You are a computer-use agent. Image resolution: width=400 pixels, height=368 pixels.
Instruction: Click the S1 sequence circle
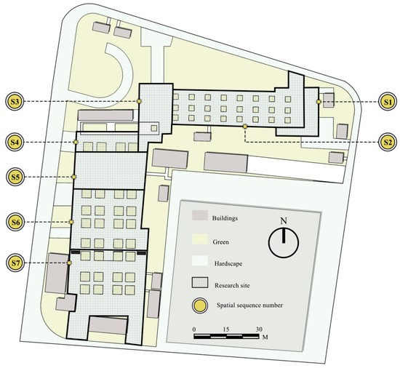[x=388, y=102]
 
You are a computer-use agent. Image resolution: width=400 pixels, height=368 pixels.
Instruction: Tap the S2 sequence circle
[x=388, y=142]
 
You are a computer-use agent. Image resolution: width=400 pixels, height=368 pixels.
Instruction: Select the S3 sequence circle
[x=15, y=102]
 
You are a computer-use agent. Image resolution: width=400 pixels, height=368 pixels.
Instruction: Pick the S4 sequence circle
[x=15, y=142]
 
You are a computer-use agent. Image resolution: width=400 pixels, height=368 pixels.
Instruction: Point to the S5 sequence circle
[x=15, y=177]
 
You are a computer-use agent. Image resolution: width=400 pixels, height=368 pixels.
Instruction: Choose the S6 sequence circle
[x=15, y=222]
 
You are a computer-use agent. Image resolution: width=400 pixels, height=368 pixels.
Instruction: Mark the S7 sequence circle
[x=15, y=263]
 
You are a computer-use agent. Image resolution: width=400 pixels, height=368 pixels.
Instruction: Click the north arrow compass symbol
[x=283, y=242]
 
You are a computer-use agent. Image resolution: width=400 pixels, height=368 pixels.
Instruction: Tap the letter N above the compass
[x=284, y=220]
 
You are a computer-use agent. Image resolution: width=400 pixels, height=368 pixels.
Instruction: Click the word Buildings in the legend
[x=225, y=218]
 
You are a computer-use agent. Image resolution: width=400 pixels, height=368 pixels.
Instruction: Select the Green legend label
[x=220, y=241]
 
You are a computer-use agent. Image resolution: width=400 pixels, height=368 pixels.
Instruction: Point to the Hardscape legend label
[x=228, y=263]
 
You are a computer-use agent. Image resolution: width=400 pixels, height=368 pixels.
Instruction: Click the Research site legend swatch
[x=200, y=283]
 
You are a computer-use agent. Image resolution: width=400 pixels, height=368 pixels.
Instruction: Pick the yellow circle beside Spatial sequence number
[x=200, y=305]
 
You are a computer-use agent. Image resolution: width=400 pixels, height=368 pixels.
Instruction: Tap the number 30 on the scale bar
[x=259, y=329]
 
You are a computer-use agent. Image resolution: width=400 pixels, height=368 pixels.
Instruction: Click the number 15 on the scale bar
[x=226, y=329]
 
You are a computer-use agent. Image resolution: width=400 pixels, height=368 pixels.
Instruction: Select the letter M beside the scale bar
[x=265, y=337]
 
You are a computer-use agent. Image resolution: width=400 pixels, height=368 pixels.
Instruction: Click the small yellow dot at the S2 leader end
[x=245, y=127]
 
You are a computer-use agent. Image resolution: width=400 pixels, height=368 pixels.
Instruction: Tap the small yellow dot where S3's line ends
[x=139, y=101]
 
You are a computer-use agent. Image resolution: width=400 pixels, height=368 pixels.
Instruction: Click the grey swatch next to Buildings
[x=200, y=215]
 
